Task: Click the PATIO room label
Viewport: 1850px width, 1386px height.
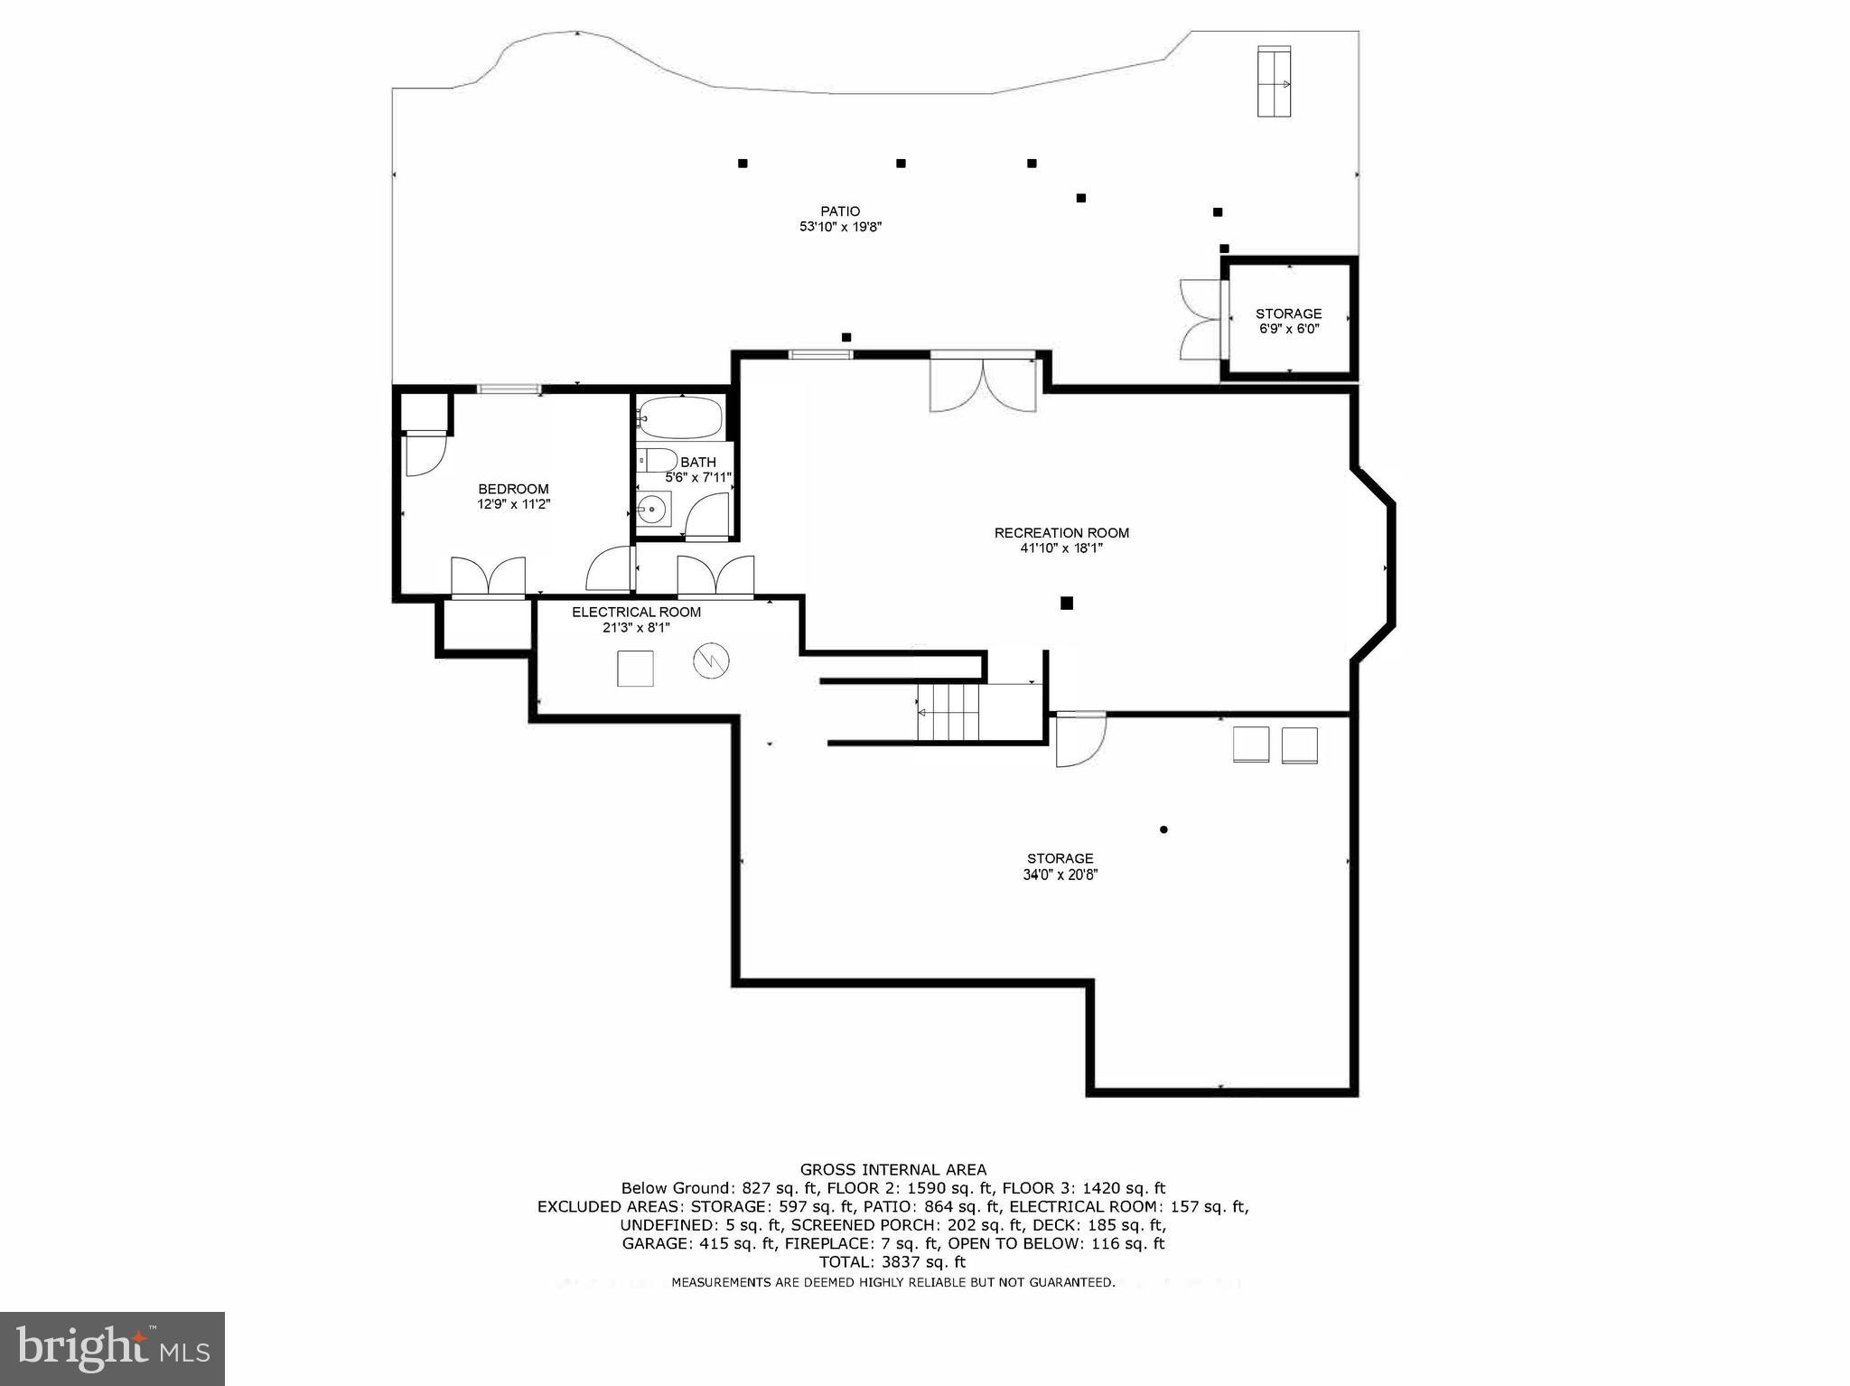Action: tap(840, 211)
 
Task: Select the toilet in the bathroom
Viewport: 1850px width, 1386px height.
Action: tap(657, 460)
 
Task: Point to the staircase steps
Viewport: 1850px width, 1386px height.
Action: tap(949, 712)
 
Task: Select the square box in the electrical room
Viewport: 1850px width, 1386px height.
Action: tap(635, 668)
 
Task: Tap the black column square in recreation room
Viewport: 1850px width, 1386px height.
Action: tap(1066, 603)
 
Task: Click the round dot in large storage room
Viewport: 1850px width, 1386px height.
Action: tap(1163, 829)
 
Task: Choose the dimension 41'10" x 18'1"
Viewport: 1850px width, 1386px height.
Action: tap(1061, 548)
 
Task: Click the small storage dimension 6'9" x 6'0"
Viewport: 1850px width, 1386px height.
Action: tap(1289, 329)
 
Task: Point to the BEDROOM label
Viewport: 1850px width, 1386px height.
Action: tap(513, 489)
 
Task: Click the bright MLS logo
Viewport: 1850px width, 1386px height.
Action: tap(112, 1348)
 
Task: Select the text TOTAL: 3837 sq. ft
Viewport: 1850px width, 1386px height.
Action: tap(892, 1262)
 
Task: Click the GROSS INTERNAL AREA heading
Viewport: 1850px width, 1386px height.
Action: tap(892, 1169)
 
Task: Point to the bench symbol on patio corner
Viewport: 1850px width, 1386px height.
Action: tap(1274, 80)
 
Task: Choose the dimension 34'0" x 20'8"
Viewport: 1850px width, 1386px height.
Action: tap(1060, 874)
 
